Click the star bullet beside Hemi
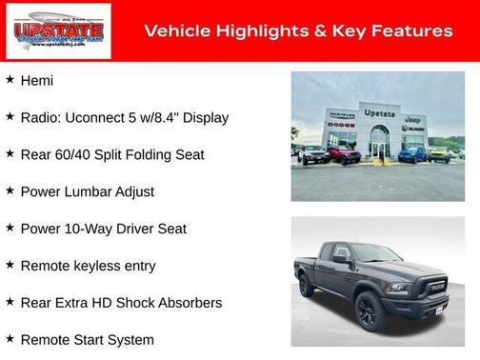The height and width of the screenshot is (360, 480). pos(10,79)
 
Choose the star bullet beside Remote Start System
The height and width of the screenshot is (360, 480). pos(10,338)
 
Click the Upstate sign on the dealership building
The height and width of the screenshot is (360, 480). pos(379,113)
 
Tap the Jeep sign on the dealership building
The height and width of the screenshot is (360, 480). pos(412,119)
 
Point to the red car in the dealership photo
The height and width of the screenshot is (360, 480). pos(343,154)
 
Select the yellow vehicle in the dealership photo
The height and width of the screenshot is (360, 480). pos(439,152)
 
